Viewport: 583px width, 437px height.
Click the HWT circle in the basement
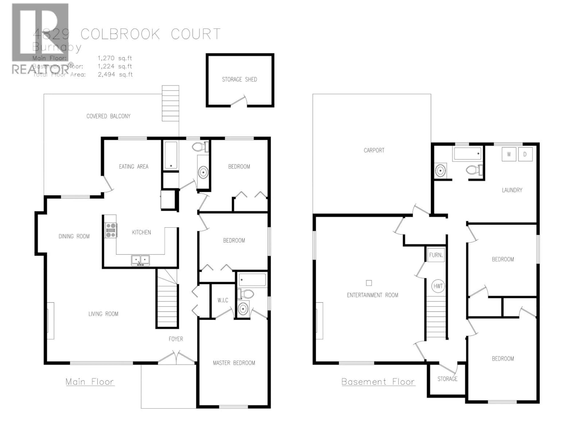[438, 286]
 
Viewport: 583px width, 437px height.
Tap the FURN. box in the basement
[436, 255]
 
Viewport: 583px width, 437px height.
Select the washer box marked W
[509, 154]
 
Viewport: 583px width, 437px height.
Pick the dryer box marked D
[525, 154]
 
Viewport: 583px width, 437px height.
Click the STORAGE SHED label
[239, 79]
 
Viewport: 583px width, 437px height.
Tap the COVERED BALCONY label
[108, 116]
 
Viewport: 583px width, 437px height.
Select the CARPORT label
[374, 150]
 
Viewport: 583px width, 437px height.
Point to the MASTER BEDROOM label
[234, 363]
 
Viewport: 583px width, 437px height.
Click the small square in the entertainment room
[369, 283]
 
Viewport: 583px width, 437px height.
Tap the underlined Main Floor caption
[90, 382]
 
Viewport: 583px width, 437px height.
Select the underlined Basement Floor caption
[378, 382]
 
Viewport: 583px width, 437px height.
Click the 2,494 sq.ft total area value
[115, 75]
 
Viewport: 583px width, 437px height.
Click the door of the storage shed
[239, 101]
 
